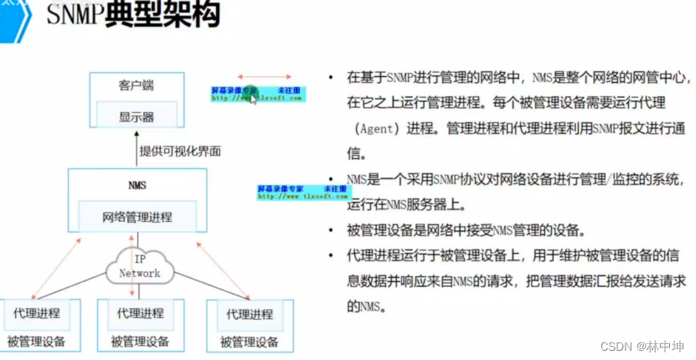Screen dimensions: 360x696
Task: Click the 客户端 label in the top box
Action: pos(137,85)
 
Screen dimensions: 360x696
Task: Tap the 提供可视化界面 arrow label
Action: pos(179,152)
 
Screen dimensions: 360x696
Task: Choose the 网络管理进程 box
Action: pos(137,217)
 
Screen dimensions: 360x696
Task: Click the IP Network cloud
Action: pos(139,265)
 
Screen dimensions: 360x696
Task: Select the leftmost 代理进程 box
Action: pos(36,314)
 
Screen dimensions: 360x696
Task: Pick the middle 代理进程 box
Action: pos(140,314)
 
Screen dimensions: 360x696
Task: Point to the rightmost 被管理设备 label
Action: pos(250,342)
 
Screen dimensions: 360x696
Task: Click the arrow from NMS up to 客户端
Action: pos(138,152)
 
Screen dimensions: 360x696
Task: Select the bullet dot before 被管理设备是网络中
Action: pos(333,230)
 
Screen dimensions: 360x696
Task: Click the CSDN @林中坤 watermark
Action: pos(647,347)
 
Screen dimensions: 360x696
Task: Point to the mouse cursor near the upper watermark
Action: pos(255,99)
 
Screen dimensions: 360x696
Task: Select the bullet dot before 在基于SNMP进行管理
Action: pos(333,77)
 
